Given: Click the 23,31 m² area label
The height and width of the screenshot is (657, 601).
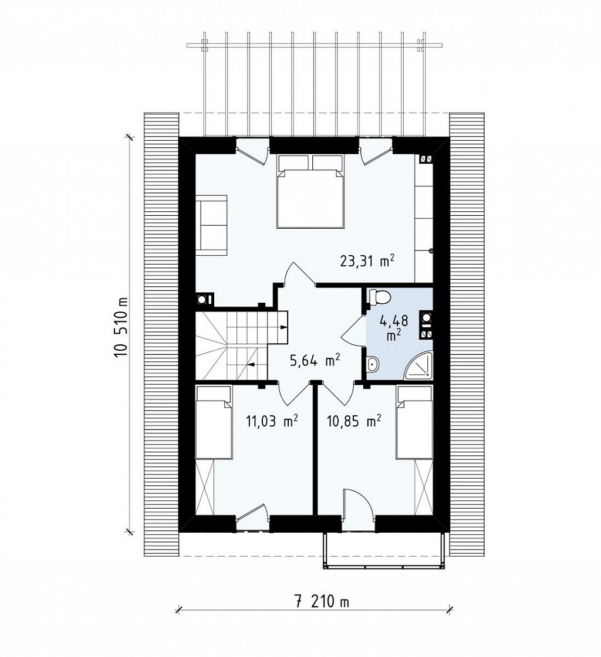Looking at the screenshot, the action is (367, 262).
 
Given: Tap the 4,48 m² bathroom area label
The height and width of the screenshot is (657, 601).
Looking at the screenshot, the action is (394, 327).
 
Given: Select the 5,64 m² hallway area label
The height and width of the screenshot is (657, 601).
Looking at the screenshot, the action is (315, 360).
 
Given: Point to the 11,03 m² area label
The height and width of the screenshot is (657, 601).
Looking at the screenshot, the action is (272, 421).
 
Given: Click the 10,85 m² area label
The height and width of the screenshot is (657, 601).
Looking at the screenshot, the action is (354, 421).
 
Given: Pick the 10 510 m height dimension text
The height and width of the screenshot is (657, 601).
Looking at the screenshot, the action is (121, 333).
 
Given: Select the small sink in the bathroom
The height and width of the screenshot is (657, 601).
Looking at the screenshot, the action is (372, 365).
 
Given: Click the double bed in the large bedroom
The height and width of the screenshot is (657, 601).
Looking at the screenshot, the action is (310, 191).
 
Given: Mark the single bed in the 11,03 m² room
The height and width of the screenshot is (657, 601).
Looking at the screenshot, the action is (214, 422).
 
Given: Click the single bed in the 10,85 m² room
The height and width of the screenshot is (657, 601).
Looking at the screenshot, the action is (415, 422).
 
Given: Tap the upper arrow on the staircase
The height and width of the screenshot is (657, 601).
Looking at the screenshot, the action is (283, 327).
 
